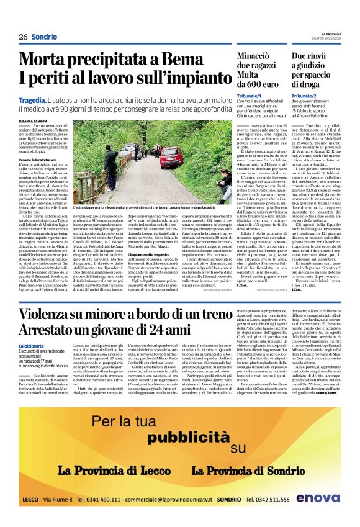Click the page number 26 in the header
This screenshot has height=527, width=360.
[23, 37]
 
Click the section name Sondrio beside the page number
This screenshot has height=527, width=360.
[44, 37]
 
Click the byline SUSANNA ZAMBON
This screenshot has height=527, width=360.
[32, 120]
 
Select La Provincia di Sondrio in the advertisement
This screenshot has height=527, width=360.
[245, 470]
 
